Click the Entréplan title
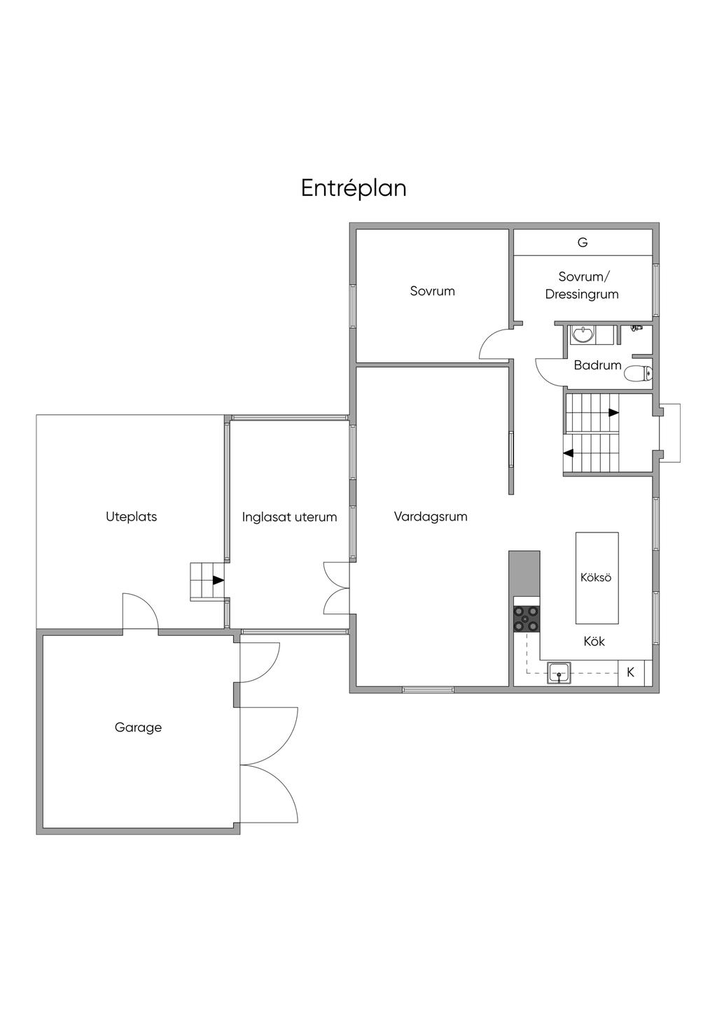point(354,188)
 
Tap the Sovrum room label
point(432,291)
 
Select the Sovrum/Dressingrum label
point(582,285)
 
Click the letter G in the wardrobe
point(583,243)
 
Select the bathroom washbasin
point(582,335)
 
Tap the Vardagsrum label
point(430,517)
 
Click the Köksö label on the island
point(596,578)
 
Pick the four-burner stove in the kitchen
point(527,618)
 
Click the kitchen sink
point(559,672)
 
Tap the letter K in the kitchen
point(630,672)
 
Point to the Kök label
point(594,642)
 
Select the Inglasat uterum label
point(289,518)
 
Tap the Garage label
point(138,728)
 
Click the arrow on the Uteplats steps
point(218,580)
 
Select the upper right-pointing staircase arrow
point(613,413)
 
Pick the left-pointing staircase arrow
point(569,453)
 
